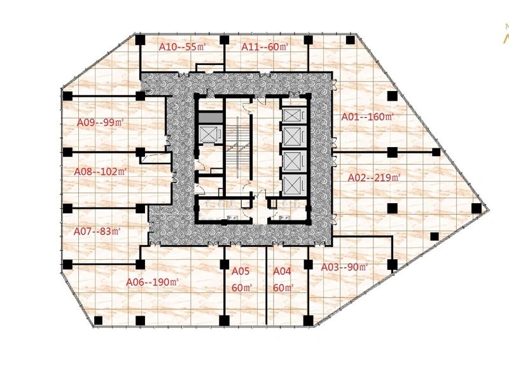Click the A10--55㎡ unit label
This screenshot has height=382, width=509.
pos(183,47)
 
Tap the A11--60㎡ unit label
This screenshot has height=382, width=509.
pos(265,47)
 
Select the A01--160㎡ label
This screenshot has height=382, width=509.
pos(368,117)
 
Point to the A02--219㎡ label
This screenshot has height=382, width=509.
pos(374,178)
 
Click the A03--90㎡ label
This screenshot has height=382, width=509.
pos(344,267)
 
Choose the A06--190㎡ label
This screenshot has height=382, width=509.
pos(152,282)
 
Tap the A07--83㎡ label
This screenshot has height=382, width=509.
pos(97,232)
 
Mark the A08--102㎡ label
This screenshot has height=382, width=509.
pos(101,171)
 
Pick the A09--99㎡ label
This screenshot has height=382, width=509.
pos(101,122)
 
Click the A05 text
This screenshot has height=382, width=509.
pos(241,271)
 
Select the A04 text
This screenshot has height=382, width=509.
pos(282,271)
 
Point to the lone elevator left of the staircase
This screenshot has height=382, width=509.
pos(211,134)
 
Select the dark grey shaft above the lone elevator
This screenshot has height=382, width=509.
pos(211,118)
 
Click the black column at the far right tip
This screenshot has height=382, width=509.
pos(476,208)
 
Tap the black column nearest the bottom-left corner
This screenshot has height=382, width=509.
pos(98,321)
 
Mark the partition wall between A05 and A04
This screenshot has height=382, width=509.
pos(267,285)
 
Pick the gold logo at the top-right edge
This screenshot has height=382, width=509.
pos(506,35)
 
